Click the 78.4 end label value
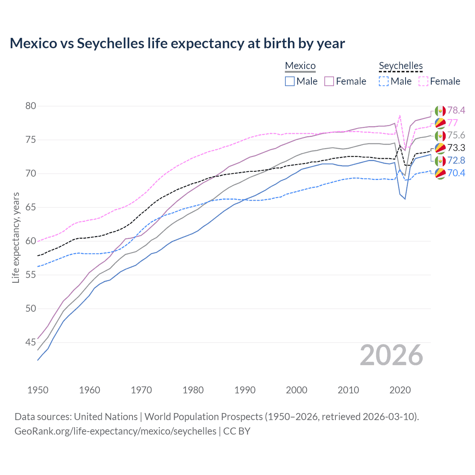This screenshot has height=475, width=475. [456, 110]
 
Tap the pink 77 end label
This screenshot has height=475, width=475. [452, 123]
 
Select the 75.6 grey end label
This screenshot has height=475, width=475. [456, 135]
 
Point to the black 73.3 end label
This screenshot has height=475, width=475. [456, 148]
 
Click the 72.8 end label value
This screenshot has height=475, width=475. [456, 160]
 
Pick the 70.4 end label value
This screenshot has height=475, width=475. [456, 173]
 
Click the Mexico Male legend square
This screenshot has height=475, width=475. [290, 81]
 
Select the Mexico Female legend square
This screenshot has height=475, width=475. [329, 81]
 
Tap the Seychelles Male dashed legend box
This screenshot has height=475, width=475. [384, 81]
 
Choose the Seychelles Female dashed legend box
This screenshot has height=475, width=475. [423, 81]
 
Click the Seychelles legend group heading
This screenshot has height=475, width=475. [401, 66]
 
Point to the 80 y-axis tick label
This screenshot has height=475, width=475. [31, 106]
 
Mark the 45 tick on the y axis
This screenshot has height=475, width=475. [31, 342]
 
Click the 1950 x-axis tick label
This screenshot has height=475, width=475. [38, 390]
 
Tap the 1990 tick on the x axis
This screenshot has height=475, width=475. [245, 390]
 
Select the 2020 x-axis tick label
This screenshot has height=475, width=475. [400, 390]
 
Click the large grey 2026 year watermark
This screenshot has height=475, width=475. [391, 356]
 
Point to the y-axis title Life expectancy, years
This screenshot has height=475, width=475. [16, 237]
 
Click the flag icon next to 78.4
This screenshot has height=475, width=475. [440, 111]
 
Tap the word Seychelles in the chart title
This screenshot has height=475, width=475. [110, 43]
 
